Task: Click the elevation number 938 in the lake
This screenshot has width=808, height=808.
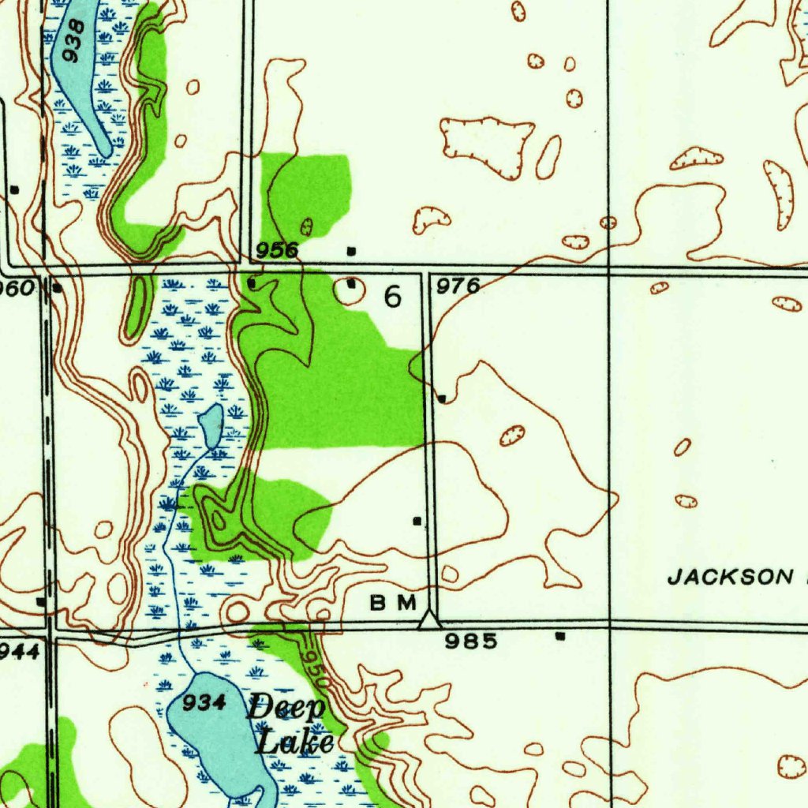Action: point(75,40)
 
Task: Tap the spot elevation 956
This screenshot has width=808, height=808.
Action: point(277,250)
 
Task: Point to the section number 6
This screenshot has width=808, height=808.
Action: point(392,297)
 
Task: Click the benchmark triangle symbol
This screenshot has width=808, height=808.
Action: point(428,621)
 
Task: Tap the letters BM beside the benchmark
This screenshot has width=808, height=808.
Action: point(393,603)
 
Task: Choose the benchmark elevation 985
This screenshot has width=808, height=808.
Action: point(471,641)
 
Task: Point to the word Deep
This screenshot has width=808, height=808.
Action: point(286,707)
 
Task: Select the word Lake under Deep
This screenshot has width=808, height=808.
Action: point(295,742)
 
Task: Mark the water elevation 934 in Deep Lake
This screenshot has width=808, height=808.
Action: point(204,703)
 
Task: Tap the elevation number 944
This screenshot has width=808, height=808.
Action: point(17,650)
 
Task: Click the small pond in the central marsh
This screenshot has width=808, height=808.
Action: point(211,425)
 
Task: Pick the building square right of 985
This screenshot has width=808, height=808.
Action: point(560,635)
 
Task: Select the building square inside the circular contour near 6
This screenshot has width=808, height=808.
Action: point(350,283)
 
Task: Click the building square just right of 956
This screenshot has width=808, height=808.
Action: point(351,251)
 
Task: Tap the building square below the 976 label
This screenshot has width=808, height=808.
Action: point(442,398)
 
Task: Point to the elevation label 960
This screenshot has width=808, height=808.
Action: point(17,288)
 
